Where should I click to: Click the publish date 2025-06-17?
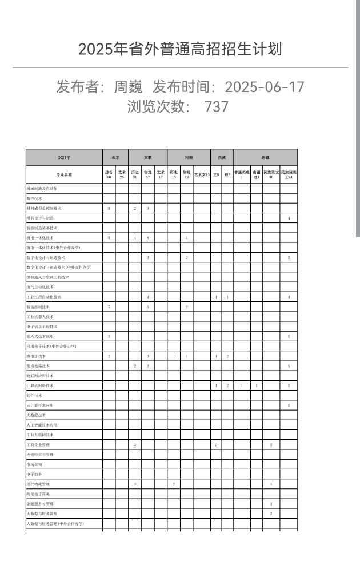coord(265,87)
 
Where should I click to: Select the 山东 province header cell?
coord(115,157)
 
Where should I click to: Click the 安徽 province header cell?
coord(147,157)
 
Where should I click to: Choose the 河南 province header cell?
coord(189,157)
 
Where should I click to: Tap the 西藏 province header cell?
coord(222,157)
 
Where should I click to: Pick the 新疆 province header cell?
coord(265,157)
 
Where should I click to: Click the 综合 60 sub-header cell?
coord(109,174)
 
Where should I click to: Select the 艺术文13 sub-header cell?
coord(202,174)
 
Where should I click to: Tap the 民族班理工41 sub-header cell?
coord(289,174)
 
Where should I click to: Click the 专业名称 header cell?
coord(64,174)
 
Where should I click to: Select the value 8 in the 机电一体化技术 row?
coord(147,237)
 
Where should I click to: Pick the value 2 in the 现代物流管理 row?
coord(174,484)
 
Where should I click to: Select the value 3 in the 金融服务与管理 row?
coord(271,504)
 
